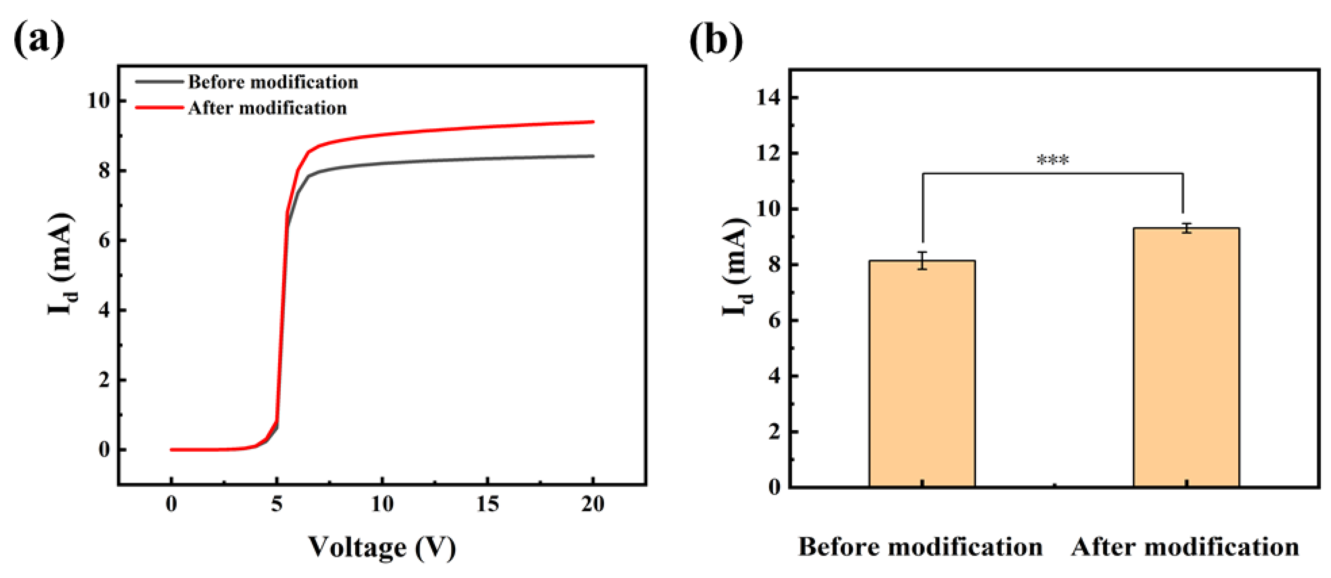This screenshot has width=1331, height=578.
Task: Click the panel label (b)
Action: click(716, 41)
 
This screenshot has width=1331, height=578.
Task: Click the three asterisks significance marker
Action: click(1053, 161)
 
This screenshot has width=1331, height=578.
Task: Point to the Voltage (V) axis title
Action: click(382, 547)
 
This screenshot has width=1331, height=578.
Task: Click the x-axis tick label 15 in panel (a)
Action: click(487, 504)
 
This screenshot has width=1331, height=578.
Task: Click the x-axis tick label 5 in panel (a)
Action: click(276, 504)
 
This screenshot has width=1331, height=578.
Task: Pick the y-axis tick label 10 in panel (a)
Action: click(99, 100)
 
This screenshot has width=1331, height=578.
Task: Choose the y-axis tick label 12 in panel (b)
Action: click(769, 153)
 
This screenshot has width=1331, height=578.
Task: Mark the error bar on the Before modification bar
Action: click(922, 260)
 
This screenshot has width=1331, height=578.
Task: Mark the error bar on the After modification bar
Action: click(1187, 228)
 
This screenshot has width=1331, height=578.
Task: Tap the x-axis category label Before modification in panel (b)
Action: click(920, 547)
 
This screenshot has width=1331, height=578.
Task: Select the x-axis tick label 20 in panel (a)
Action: click(592, 504)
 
